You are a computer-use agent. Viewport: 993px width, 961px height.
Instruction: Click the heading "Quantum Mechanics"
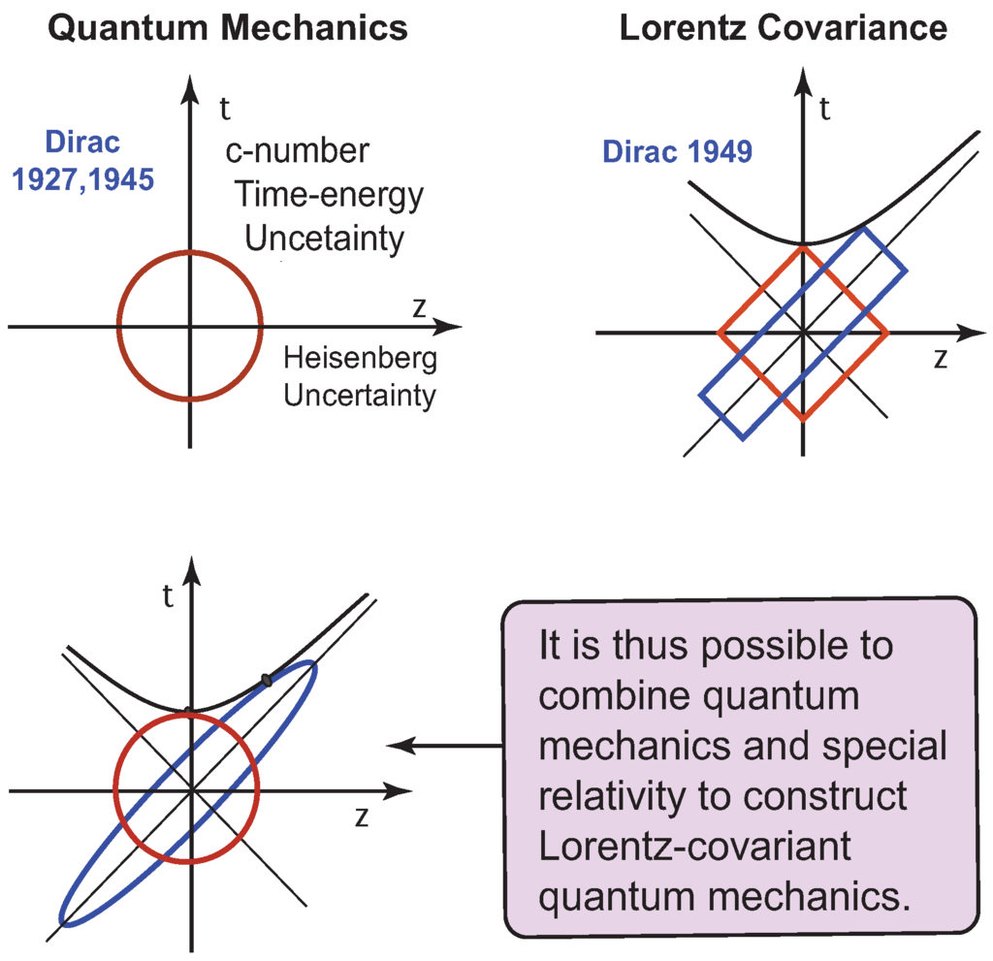tap(228, 28)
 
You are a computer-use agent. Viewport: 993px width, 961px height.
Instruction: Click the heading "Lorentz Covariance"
tap(783, 28)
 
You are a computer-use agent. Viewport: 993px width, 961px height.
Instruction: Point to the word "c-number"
tap(298, 151)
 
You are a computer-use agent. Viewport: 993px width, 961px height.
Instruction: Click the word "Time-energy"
tap(329, 196)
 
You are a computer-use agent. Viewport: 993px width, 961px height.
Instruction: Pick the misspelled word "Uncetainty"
tap(324, 239)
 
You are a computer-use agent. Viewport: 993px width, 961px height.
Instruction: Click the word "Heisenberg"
tap(360, 359)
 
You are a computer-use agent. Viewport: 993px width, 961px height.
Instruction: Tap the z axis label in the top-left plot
tap(419, 307)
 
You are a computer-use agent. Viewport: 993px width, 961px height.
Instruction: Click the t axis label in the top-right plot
tap(825, 108)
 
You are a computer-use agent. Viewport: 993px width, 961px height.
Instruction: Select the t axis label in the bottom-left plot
tap(169, 596)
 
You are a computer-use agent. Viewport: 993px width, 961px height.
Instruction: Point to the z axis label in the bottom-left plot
tap(361, 817)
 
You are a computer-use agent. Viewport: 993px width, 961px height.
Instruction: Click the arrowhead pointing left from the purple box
tap(398, 745)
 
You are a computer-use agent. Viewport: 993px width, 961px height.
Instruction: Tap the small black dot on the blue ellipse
tap(266, 680)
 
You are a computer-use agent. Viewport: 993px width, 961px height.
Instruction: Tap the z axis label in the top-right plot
tap(940, 358)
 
